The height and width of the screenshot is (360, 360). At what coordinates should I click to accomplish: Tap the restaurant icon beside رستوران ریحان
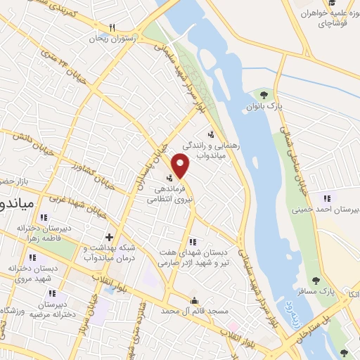click(111, 27)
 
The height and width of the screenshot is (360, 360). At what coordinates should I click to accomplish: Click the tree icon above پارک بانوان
click(264, 94)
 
